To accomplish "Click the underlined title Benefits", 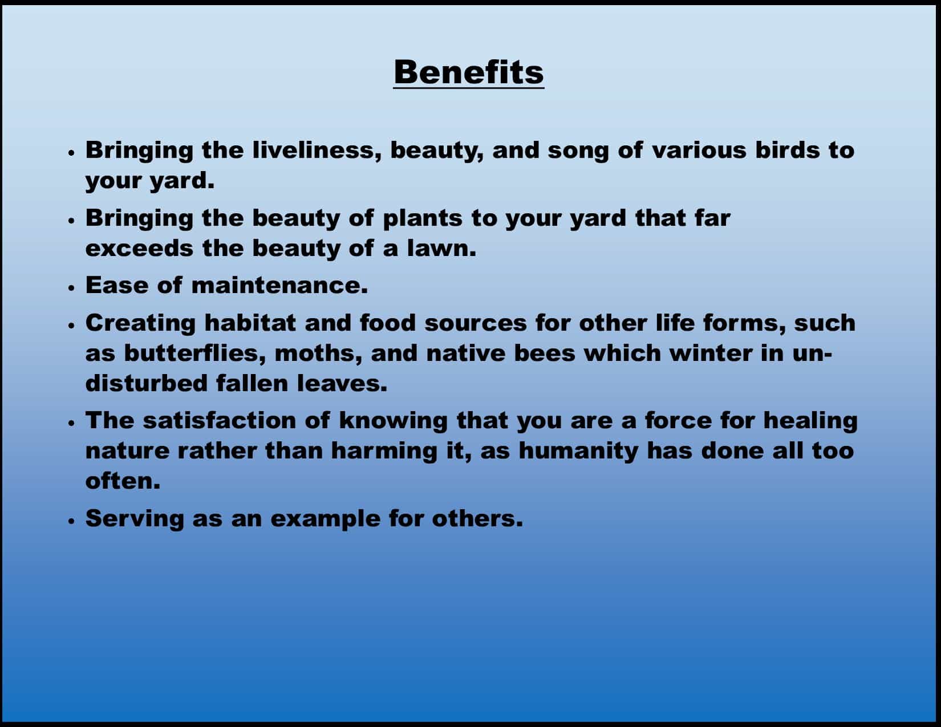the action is (x=469, y=72).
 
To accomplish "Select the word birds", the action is (x=787, y=151).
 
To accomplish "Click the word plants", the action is (x=423, y=219).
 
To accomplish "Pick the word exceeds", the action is (x=140, y=249).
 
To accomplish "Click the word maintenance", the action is (x=279, y=286).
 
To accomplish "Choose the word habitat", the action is (x=250, y=323).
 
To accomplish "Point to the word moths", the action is (x=318, y=354).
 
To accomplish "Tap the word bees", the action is (x=544, y=354).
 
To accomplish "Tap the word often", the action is (x=123, y=481).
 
